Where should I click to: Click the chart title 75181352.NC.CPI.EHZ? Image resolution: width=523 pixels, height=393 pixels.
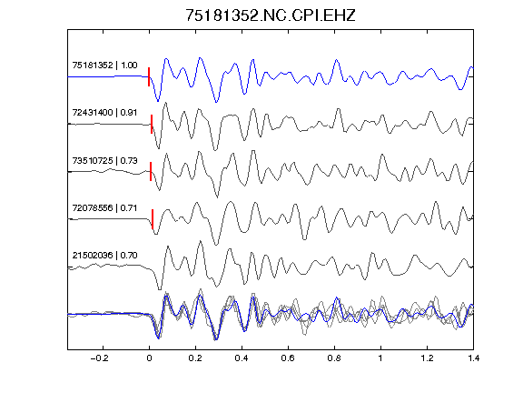coord(271,15)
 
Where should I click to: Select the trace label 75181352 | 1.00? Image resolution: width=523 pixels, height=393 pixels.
coord(104,65)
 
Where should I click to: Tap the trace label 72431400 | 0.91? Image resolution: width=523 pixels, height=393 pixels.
coord(104,112)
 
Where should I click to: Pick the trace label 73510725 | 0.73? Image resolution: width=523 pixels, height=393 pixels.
coord(104,160)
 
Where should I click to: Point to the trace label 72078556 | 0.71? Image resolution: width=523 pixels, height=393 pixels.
coord(104,207)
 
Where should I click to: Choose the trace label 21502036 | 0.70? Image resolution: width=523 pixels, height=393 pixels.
coord(104,256)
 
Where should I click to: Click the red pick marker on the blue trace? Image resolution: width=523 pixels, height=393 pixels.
coord(149,76)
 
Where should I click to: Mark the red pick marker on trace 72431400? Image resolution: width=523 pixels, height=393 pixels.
coord(152,125)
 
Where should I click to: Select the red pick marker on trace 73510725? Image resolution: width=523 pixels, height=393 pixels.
coord(151,171)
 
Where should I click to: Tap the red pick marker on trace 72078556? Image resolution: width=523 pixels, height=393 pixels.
coord(153,219)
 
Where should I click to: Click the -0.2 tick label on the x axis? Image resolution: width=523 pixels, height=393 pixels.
coord(100,358)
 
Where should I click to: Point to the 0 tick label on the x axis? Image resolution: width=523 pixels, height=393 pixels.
coord(149,358)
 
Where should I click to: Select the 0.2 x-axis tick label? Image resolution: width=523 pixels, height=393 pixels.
coord(195,358)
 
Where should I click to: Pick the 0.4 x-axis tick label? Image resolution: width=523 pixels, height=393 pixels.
coord(242,358)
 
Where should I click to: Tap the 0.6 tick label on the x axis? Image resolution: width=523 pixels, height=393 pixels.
coord(288,358)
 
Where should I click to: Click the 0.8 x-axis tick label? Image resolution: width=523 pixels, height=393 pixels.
coord(334,358)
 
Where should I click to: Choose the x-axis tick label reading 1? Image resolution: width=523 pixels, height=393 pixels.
coord(380,358)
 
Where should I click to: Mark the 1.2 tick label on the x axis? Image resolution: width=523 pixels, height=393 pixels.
coord(427,358)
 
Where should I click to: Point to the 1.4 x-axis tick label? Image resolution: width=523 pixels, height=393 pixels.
coord(473,358)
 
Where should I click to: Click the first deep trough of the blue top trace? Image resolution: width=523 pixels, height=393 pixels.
coord(158,101)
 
